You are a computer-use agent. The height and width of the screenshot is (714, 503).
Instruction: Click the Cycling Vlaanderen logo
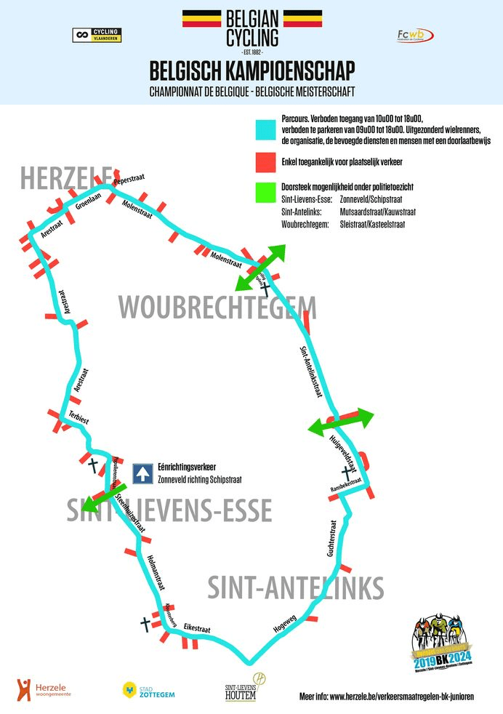point(97,35)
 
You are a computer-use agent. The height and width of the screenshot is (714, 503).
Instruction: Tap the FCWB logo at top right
point(415,36)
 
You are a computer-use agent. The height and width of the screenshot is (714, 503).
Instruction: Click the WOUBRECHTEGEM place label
point(217,308)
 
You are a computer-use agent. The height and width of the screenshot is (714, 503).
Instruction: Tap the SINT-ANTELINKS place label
point(295,587)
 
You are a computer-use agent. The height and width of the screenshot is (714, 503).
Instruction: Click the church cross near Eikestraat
point(145,624)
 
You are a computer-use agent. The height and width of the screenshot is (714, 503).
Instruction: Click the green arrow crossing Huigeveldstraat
point(341,422)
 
